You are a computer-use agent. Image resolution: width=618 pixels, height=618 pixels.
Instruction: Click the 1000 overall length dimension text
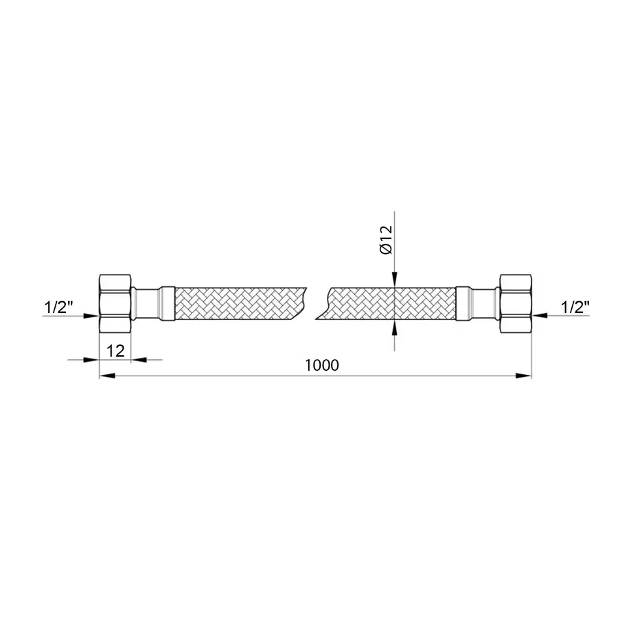(x=323, y=365)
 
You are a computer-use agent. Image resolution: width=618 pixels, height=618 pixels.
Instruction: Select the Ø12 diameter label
(x=387, y=240)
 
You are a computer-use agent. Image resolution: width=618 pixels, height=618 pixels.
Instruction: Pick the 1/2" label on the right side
(x=574, y=308)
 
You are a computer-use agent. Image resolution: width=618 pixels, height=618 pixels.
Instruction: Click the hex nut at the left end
(x=115, y=303)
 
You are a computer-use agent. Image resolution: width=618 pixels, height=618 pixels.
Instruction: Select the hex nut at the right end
(x=516, y=303)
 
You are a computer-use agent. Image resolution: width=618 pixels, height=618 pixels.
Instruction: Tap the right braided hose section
(x=391, y=303)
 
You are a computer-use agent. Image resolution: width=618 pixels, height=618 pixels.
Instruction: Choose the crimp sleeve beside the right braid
(x=463, y=303)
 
